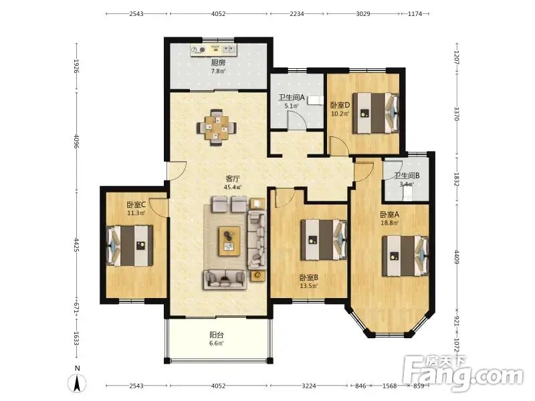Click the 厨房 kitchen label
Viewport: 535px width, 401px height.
coord(218,63)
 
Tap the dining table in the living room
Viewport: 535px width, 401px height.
coord(216,128)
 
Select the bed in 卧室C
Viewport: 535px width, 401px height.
coord(130,245)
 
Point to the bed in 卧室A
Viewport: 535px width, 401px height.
coord(405,256)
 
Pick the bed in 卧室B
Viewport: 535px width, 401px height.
coord(324,240)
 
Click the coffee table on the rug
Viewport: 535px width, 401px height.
coord(229,241)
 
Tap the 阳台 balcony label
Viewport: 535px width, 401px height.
coord(217,335)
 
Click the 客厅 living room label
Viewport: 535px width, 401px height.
coord(233,178)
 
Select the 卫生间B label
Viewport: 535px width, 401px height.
coord(407,176)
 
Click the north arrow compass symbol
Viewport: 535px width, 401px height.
coord(78,382)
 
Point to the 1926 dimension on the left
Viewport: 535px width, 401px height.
coord(76,66)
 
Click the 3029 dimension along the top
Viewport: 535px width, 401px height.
coord(363,13)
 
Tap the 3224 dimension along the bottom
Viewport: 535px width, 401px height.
coord(309,386)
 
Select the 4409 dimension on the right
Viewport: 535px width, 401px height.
coord(457,257)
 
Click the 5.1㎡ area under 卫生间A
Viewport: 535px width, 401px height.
coord(292,106)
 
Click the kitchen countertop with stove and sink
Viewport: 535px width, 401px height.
coord(213,49)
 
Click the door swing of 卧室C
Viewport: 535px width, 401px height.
coord(158,207)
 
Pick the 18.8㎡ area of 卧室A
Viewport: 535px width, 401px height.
coord(390,223)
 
